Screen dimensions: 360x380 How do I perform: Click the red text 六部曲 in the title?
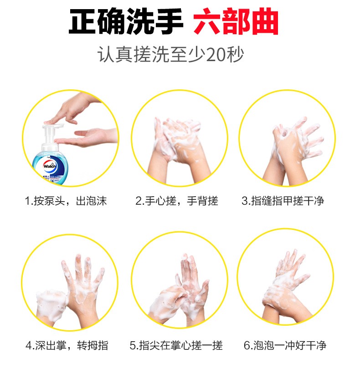click(x=236, y=21)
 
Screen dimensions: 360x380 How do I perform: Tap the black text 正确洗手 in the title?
click(x=126, y=21)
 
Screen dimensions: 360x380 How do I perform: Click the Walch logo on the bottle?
click(x=50, y=166)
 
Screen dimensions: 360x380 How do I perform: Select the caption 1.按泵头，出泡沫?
click(x=66, y=201)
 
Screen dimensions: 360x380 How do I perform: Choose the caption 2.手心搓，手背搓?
click(x=177, y=201)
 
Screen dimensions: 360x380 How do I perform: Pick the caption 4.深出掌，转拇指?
click(x=67, y=345)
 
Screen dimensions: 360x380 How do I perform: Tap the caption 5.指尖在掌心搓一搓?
click(x=176, y=345)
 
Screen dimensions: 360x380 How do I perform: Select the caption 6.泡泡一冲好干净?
click(x=285, y=345)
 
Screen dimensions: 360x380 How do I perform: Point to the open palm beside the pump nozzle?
click(x=87, y=137)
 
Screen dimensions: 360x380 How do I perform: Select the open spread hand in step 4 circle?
click(x=82, y=291)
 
